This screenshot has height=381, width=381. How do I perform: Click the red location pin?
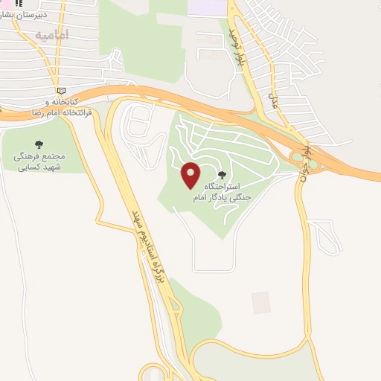point(190,175)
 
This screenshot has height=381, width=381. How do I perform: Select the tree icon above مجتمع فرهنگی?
point(39,144)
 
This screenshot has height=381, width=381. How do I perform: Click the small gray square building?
point(260,302)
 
